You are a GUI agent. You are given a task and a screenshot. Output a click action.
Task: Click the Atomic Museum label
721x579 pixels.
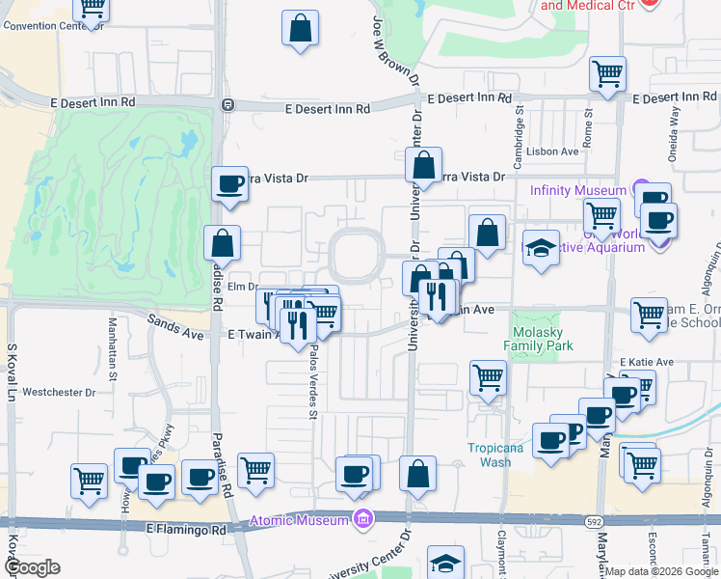point(302,521)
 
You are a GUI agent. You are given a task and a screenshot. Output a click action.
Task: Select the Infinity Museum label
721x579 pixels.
point(577,189)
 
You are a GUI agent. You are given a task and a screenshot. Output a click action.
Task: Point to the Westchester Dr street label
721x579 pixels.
point(60,393)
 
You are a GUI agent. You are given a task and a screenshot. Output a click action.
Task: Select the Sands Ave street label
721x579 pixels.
point(175,328)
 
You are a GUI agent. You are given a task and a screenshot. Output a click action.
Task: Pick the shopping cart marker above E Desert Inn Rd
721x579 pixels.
point(608,73)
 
